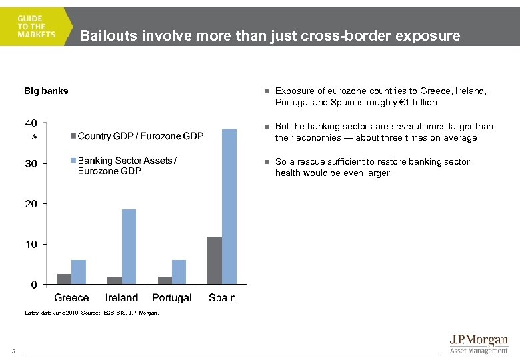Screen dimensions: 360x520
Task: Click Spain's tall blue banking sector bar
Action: tap(229, 207)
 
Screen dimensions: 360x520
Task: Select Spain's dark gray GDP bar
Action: tap(214, 261)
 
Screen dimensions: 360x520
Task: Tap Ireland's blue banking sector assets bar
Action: tap(129, 247)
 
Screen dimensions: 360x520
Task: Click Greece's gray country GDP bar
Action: tap(64, 279)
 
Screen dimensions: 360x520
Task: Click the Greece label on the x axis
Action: tap(71, 297)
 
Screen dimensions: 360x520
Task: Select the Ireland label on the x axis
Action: tap(121, 297)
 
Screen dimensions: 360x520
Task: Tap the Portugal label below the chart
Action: tap(171, 297)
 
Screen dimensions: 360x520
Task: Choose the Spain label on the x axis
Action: tap(222, 297)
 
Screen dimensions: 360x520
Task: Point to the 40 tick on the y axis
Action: tap(31, 123)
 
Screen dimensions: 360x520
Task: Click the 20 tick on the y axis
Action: tap(31, 204)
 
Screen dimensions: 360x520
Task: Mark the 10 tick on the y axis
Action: tap(31, 245)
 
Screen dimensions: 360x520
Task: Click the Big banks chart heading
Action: tap(46, 91)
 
